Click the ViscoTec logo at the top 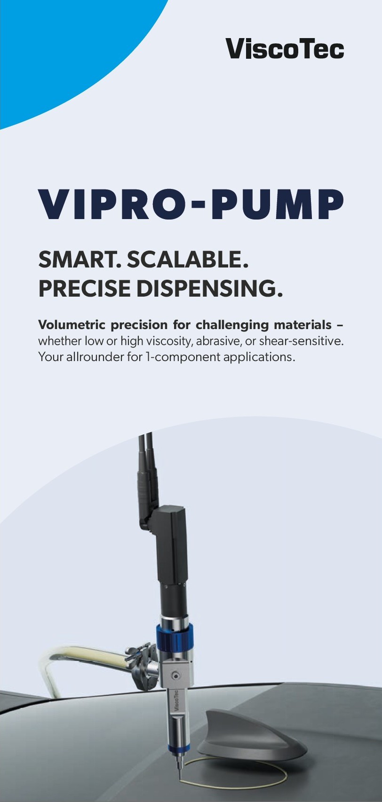coord(285,49)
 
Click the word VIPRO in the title coord(113,205)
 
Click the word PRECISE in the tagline coord(84,288)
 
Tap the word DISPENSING coord(209,288)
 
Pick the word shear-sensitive coord(301,341)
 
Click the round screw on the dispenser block coord(176,676)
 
